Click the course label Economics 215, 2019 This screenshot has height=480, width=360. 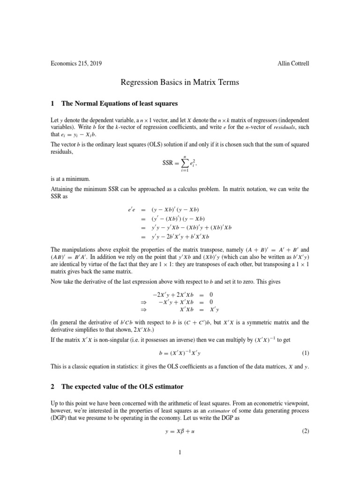(76, 63)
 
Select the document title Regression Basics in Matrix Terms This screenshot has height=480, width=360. (180, 82)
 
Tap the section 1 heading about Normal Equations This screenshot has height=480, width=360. (113, 103)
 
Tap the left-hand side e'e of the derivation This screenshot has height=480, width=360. (127, 209)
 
